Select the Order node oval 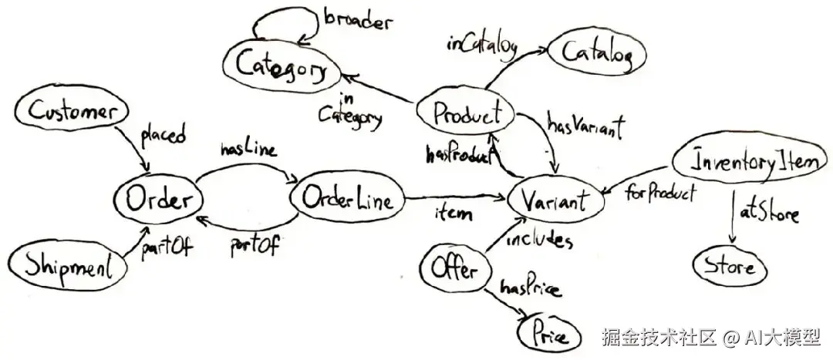[x=157, y=201]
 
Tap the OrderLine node [x=347, y=202]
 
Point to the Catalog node [x=598, y=54]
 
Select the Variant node [x=556, y=201]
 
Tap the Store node [x=729, y=267]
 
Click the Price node [x=549, y=335]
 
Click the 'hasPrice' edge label [x=531, y=289]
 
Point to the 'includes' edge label [x=539, y=241]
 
